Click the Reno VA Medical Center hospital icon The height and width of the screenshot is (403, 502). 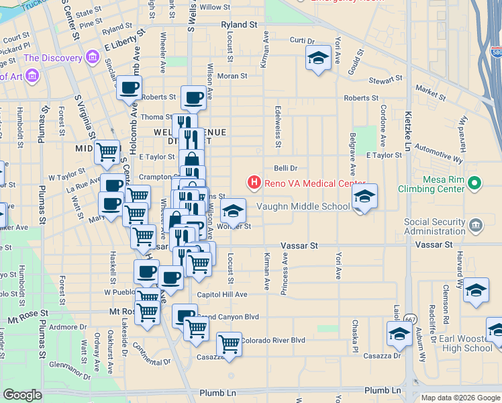tap(254, 182)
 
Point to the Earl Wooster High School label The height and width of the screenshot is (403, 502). tap(467, 343)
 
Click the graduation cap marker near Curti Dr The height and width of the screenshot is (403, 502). tap(318, 58)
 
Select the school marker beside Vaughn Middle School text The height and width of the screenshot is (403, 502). tap(364, 197)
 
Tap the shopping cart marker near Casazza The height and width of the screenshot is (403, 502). tap(230, 345)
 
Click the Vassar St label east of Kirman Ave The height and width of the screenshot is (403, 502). tap(299, 247)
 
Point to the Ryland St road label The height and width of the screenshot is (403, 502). tap(239, 24)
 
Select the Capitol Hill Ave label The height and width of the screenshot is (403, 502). tap(221, 294)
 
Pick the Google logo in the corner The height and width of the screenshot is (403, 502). tap(22, 395)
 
